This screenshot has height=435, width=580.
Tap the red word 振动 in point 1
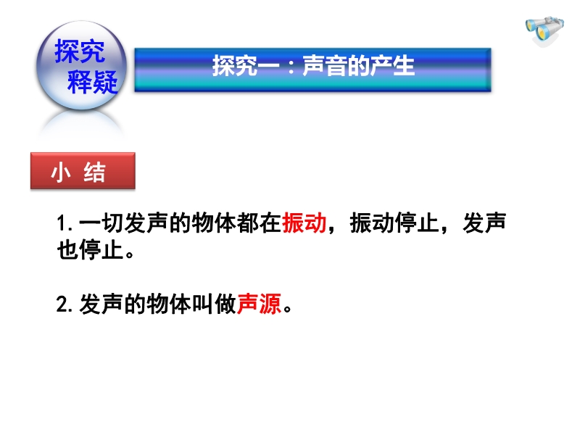pos(304,223)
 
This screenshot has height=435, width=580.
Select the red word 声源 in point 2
pos(259,304)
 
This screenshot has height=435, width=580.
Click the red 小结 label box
pos(83,171)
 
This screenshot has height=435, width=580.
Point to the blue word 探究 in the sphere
pos(80,51)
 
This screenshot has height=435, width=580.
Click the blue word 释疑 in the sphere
pos(93,81)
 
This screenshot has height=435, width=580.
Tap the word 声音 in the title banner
pos(325,66)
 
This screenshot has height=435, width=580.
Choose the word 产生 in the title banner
pos(392,66)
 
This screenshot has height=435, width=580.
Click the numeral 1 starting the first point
pos(62,223)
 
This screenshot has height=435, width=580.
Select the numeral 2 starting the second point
pos(62,304)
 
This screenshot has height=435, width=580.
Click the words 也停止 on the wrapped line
pos(90,250)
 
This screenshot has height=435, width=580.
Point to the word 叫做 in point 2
pos(214,304)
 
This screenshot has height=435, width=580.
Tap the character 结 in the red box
pos(95,172)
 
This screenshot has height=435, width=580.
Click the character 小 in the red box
pos(61,172)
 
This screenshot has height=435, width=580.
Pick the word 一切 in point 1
pos(101,223)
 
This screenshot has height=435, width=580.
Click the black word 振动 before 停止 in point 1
pos(372,223)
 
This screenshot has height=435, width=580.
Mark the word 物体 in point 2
pos(169,304)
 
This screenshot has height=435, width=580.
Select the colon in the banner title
pos(291,67)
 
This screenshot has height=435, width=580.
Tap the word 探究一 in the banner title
pos(246,66)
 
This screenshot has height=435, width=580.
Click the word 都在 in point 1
pos(259,223)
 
